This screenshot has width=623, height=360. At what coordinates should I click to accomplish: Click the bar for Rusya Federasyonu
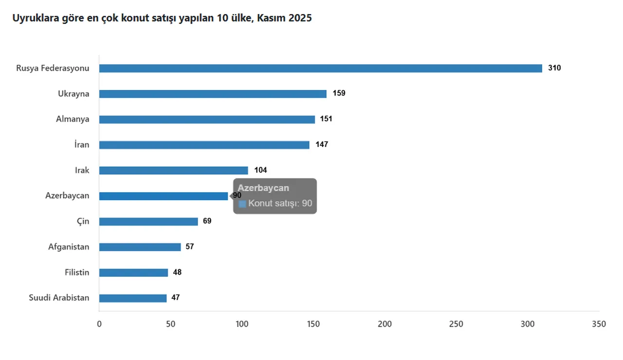click(x=320, y=68)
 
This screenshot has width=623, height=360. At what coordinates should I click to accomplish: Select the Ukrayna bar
click(x=213, y=94)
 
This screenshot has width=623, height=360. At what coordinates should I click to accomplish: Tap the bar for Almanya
click(x=207, y=119)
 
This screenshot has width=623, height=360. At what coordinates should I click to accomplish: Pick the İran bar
click(x=204, y=145)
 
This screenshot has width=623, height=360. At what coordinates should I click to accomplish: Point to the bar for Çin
click(x=148, y=221)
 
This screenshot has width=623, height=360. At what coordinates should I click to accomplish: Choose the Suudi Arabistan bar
click(x=133, y=298)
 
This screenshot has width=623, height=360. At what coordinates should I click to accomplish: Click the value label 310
click(x=554, y=68)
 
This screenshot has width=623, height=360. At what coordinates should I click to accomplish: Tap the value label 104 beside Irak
click(x=260, y=170)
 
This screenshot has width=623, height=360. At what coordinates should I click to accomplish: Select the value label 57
click(x=190, y=247)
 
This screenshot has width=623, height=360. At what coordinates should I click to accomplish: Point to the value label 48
click(x=177, y=272)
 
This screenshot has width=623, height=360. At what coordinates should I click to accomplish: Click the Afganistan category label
click(x=69, y=247)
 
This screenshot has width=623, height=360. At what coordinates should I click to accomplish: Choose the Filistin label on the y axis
click(x=77, y=272)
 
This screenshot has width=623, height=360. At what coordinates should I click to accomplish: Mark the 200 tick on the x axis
click(x=385, y=324)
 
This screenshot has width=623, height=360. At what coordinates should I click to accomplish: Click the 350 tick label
click(x=599, y=324)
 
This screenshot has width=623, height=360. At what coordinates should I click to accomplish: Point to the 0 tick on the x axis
click(x=99, y=324)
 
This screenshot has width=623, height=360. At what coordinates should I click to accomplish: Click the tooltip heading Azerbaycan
click(x=263, y=188)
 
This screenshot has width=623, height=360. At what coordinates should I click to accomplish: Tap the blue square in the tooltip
click(x=242, y=204)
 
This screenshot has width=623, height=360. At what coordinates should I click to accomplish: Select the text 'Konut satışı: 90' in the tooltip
click(x=280, y=203)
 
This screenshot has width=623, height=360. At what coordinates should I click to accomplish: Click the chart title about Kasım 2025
click(x=162, y=18)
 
